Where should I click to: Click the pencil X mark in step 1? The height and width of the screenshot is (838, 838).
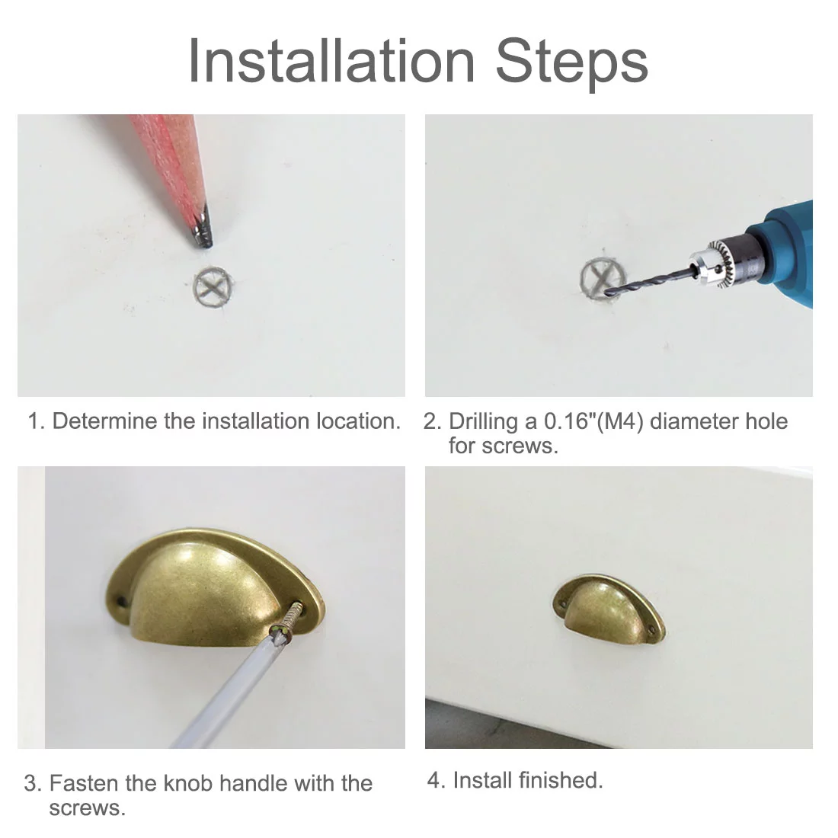(213, 287)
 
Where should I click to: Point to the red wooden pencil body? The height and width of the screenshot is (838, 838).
(171, 160)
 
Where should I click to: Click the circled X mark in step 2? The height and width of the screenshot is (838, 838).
(602, 278)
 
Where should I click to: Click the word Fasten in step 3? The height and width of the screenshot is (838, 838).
(84, 783)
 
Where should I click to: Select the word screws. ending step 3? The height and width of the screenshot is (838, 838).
(88, 808)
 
